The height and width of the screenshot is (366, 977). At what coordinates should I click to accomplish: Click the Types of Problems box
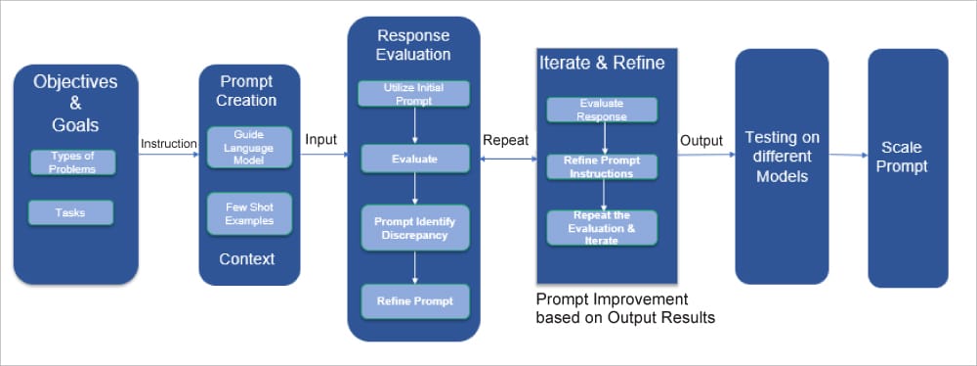pyautogui.click(x=73, y=162)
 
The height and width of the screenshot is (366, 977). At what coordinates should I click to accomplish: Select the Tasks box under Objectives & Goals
pyautogui.click(x=70, y=212)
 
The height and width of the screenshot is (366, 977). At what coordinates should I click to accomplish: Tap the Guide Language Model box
pyautogui.click(x=249, y=148)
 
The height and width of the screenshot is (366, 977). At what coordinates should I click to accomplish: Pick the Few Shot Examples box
pyautogui.click(x=249, y=214)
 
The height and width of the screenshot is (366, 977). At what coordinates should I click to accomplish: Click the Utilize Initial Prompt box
pyautogui.click(x=413, y=94)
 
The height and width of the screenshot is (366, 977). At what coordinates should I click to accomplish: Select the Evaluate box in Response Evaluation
pyautogui.click(x=415, y=159)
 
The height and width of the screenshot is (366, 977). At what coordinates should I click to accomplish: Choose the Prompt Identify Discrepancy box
pyautogui.click(x=415, y=228)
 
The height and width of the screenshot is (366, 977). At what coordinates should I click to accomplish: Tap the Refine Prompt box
pyautogui.click(x=415, y=301)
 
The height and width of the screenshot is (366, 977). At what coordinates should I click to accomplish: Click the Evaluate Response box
pyautogui.click(x=602, y=110)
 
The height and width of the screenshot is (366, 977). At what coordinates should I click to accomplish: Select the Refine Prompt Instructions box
pyautogui.click(x=602, y=166)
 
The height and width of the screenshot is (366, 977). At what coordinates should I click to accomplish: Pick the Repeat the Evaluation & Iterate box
pyautogui.click(x=602, y=227)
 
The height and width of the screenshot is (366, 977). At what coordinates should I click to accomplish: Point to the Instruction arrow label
pyautogui.click(x=169, y=144)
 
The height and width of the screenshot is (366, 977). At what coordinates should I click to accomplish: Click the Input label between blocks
pyautogui.click(x=320, y=140)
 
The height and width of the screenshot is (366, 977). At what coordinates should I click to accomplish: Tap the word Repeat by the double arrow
pyautogui.click(x=506, y=141)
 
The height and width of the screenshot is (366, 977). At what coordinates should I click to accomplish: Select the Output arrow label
pyautogui.click(x=701, y=141)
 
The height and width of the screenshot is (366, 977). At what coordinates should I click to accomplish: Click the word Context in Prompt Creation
pyautogui.click(x=247, y=259)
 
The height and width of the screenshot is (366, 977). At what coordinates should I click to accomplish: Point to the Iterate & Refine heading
pyautogui.click(x=602, y=63)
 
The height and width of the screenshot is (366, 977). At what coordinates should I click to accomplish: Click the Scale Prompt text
pyautogui.click(x=902, y=158)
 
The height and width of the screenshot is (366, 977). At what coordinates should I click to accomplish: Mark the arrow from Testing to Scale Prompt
pyautogui.click(x=848, y=155)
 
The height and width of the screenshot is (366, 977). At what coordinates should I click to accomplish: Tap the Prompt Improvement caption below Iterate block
pyautogui.click(x=625, y=307)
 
